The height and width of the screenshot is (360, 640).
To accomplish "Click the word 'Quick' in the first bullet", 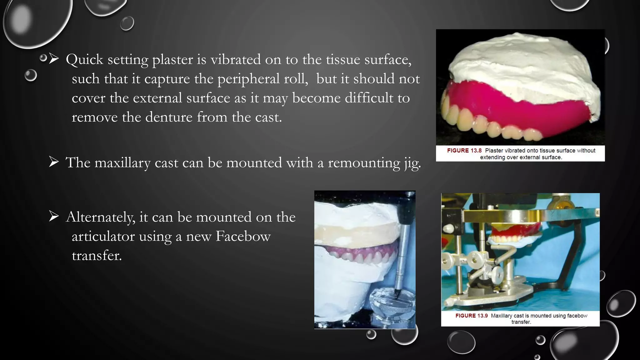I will [84, 59].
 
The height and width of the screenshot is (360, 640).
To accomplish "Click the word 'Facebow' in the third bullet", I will [243, 237].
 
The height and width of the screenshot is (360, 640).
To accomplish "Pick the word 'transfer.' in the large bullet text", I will [97, 256].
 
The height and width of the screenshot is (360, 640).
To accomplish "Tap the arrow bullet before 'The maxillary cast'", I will [54, 162].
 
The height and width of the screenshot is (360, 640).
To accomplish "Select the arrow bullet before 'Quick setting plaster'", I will [54, 58].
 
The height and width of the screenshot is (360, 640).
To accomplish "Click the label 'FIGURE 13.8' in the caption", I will [464, 151].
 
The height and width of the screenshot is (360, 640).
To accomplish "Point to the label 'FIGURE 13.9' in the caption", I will [471, 316].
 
